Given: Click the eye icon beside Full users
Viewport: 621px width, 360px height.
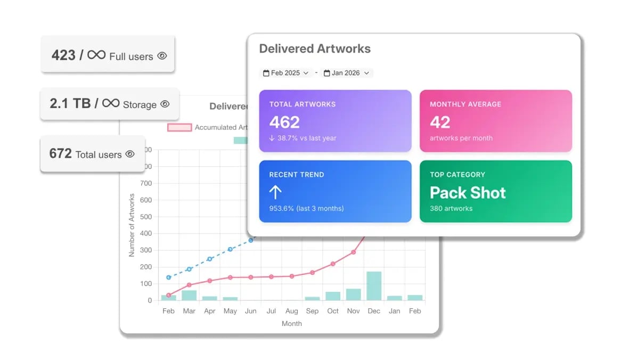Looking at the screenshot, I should [x=162, y=56].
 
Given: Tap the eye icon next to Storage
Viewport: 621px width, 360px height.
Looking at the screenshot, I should [x=165, y=104].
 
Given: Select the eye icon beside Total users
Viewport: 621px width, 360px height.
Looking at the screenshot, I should [x=130, y=154].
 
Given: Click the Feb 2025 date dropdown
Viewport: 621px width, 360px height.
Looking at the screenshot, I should [x=286, y=73].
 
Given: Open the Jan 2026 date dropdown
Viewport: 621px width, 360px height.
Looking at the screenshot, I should [x=347, y=73].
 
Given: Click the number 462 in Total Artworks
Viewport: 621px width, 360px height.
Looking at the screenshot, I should [x=284, y=122].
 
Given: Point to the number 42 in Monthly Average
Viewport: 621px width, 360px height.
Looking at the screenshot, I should [x=440, y=122].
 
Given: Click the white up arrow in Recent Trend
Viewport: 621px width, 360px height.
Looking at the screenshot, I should [x=275, y=192].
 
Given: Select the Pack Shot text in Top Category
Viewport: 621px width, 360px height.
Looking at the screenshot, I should [x=468, y=192].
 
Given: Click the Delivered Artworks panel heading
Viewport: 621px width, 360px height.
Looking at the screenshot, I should [x=315, y=49].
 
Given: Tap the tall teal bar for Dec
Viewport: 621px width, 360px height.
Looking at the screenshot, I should [x=374, y=286].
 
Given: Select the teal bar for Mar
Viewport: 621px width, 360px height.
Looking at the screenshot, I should [x=189, y=295].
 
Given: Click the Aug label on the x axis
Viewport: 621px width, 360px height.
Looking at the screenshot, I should [x=291, y=311].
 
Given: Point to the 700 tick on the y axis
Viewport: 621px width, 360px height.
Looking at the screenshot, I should [x=145, y=183].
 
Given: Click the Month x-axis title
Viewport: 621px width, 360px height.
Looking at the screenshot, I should [x=291, y=323].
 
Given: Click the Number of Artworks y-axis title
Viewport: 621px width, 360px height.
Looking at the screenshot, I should [x=132, y=225].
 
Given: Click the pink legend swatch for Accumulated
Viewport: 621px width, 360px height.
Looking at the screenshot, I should [x=179, y=127].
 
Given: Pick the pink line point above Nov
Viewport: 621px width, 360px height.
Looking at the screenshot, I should [x=353, y=252].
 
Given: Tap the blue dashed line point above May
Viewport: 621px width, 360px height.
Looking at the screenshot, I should [x=230, y=249].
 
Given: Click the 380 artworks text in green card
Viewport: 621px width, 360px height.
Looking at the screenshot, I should [x=451, y=208].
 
